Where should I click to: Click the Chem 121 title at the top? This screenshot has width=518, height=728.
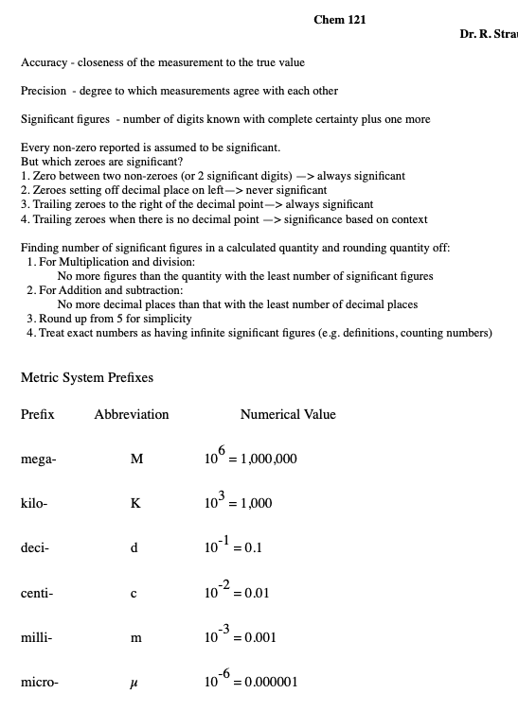tap(339, 19)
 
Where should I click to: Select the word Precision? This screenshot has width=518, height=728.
tap(44, 91)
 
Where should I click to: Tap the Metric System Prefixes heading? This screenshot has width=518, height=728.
tap(87, 377)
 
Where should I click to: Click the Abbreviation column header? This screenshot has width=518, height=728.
tap(132, 414)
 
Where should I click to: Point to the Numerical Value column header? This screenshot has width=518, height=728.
tap(288, 414)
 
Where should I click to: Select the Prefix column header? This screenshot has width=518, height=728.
tap(38, 414)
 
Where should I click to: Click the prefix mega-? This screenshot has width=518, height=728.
tap(38, 459)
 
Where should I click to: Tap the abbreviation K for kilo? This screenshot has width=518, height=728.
tap(135, 504)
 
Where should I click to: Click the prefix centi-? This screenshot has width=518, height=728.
tap(37, 593)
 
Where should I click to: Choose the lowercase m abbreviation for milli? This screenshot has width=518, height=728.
tap(135, 638)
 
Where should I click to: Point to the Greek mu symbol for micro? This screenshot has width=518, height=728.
tap(135, 683)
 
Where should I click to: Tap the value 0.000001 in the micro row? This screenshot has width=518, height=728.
tap(270, 683)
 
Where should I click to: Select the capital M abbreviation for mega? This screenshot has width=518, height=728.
tap(136, 459)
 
